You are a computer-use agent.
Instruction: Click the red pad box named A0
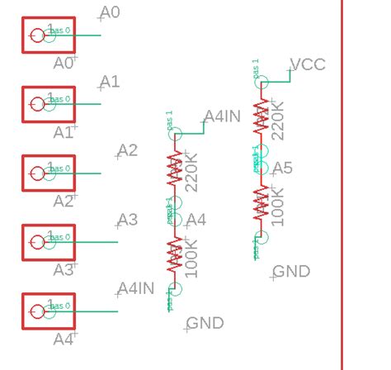(48, 35)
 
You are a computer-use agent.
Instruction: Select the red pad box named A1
(48, 103)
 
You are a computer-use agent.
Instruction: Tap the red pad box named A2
(48, 173)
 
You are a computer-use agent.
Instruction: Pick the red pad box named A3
(48, 242)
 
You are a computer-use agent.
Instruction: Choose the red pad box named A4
(48, 311)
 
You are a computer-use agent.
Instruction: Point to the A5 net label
(282, 168)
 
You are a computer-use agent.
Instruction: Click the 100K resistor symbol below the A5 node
(261, 203)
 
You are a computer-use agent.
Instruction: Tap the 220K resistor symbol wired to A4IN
(174, 169)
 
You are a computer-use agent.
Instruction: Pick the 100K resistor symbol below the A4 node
(174, 255)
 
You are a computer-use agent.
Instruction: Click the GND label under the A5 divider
(291, 272)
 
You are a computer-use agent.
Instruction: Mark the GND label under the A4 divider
(205, 323)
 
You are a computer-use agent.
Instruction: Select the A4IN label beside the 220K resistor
(222, 116)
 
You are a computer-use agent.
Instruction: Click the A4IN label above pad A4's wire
(136, 288)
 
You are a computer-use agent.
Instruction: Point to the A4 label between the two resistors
(195, 220)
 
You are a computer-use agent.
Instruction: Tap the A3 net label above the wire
(127, 220)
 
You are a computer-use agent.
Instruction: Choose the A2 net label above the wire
(127, 150)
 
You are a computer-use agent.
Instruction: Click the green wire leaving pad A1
(82, 104)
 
